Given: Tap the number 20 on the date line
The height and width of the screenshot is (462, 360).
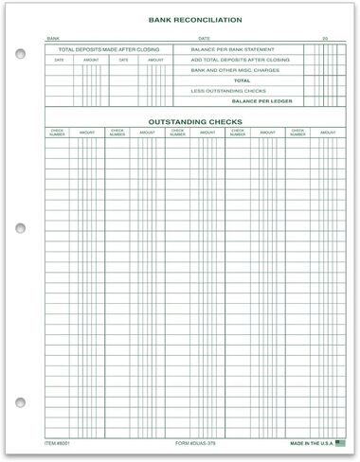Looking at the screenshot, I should [323, 39].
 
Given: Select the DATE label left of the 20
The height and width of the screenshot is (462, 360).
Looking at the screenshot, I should [204, 39].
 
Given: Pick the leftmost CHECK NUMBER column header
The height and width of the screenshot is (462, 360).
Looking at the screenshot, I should [57, 133].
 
